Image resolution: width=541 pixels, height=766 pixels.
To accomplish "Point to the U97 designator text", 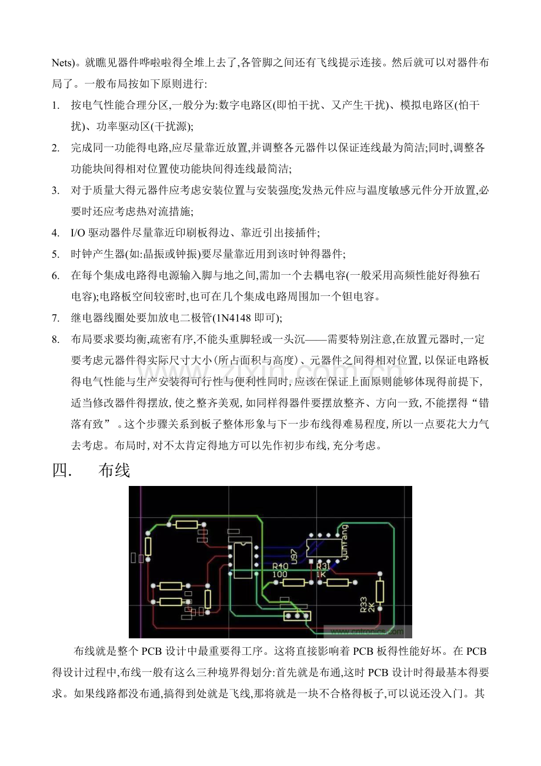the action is click(293, 557).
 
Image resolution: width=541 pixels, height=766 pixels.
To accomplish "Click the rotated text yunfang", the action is click(345, 542).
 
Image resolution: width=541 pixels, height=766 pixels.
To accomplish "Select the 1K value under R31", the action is click(321, 574).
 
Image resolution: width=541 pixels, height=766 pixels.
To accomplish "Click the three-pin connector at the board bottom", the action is click(297, 616).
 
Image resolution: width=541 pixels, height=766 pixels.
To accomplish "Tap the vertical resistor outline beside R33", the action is click(380, 591).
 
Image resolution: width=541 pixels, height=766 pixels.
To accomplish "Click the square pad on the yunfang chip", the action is click(310, 561).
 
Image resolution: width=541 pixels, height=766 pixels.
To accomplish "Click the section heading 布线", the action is click(114, 470).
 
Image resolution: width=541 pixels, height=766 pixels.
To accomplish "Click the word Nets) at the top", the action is click(64, 62).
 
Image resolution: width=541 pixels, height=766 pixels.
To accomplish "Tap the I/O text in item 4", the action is click(78, 233).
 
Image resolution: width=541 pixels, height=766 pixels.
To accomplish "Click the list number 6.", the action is click(55, 275).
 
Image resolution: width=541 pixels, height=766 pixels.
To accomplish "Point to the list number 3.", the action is click(55, 191).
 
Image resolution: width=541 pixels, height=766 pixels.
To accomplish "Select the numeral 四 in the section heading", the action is click(60, 470).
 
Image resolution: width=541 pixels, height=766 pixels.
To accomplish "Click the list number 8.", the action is click(55, 339).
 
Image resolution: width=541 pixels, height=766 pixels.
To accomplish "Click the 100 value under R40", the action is click(279, 574).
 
